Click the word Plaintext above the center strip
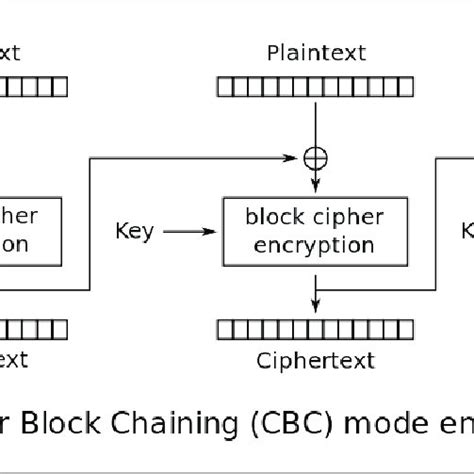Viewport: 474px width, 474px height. tap(316, 52)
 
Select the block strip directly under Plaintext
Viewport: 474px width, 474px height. tap(316, 89)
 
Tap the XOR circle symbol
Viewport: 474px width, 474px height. tap(316, 157)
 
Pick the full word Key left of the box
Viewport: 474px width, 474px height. tap(134, 232)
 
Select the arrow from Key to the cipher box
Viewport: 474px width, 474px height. tap(184, 232)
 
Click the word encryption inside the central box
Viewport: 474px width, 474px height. tap(316, 244)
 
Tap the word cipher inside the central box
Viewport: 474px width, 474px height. tap(346, 217)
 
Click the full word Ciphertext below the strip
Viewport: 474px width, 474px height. tap(316, 360)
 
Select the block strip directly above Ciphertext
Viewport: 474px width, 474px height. tap(316, 327)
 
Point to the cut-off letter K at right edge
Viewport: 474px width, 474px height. tap(466, 232)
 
